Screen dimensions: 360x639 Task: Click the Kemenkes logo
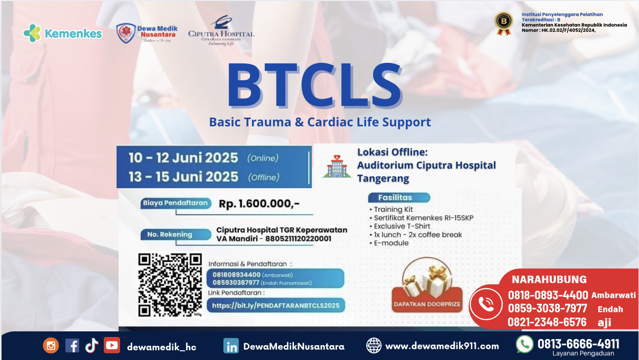pyautogui.click(x=62, y=34)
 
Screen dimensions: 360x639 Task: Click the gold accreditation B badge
pyautogui.click(x=504, y=24)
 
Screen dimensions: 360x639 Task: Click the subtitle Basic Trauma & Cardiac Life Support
pyautogui.click(x=320, y=122)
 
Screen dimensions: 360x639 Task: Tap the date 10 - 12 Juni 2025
pyautogui.click(x=184, y=157)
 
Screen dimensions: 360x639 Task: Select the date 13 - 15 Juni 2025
pyautogui.click(x=184, y=177)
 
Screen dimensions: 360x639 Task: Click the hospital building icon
pyautogui.click(x=336, y=165)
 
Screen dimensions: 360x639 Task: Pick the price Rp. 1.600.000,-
pyautogui.click(x=259, y=204)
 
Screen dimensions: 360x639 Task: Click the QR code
pyautogui.click(x=169, y=285)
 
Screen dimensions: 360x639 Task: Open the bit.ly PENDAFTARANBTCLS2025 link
pyautogui.click(x=276, y=306)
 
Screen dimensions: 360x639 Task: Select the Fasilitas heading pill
pyautogui.click(x=398, y=198)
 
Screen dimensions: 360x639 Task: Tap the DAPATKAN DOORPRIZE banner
pyautogui.click(x=427, y=304)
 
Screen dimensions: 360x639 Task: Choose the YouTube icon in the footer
pyautogui.click(x=112, y=345)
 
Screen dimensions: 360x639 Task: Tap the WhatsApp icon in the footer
pyautogui.click(x=524, y=344)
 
